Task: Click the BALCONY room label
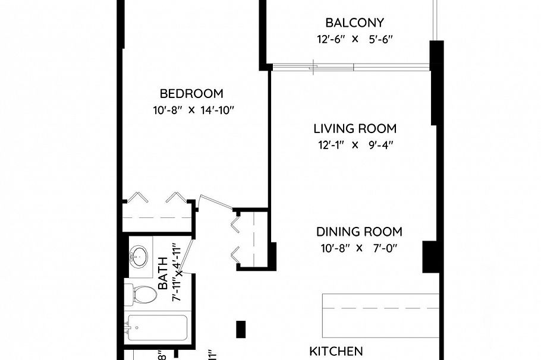354,23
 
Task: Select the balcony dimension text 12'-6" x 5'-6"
354,40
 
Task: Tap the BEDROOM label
191,94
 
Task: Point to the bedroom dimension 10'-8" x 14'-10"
191,110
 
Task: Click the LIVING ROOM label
355,129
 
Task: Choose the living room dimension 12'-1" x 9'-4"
355,145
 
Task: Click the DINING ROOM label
359,232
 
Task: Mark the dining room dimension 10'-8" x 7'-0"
359,248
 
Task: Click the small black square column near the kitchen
241,329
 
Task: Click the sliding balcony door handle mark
313,67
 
